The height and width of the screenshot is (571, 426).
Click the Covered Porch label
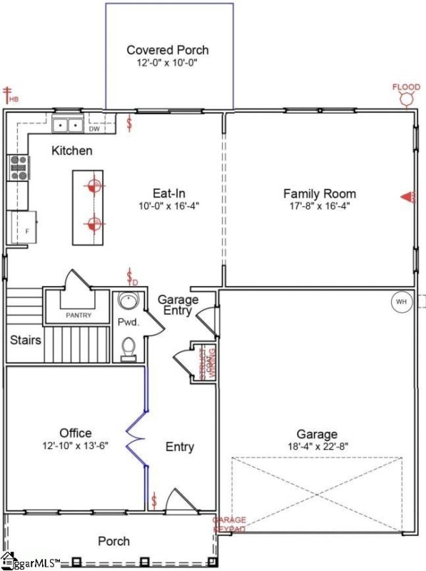(x=168, y=50)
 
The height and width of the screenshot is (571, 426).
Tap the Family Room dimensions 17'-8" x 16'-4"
(x=319, y=206)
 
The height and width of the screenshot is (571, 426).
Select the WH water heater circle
(x=401, y=302)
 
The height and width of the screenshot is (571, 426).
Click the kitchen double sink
(x=69, y=125)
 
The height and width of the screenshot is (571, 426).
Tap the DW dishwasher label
(x=94, y=129)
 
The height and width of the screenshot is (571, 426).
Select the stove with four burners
(x=17, y=168)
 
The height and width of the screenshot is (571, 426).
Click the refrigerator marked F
(x=22, y=228)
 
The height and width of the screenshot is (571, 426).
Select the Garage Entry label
(x=178, y=305)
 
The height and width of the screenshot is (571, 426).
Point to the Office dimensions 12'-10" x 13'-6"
(x=75, y=445)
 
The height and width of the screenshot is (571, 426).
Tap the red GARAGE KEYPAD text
(x=230, y=525)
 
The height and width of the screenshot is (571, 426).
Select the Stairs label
(x=25, y=340)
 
